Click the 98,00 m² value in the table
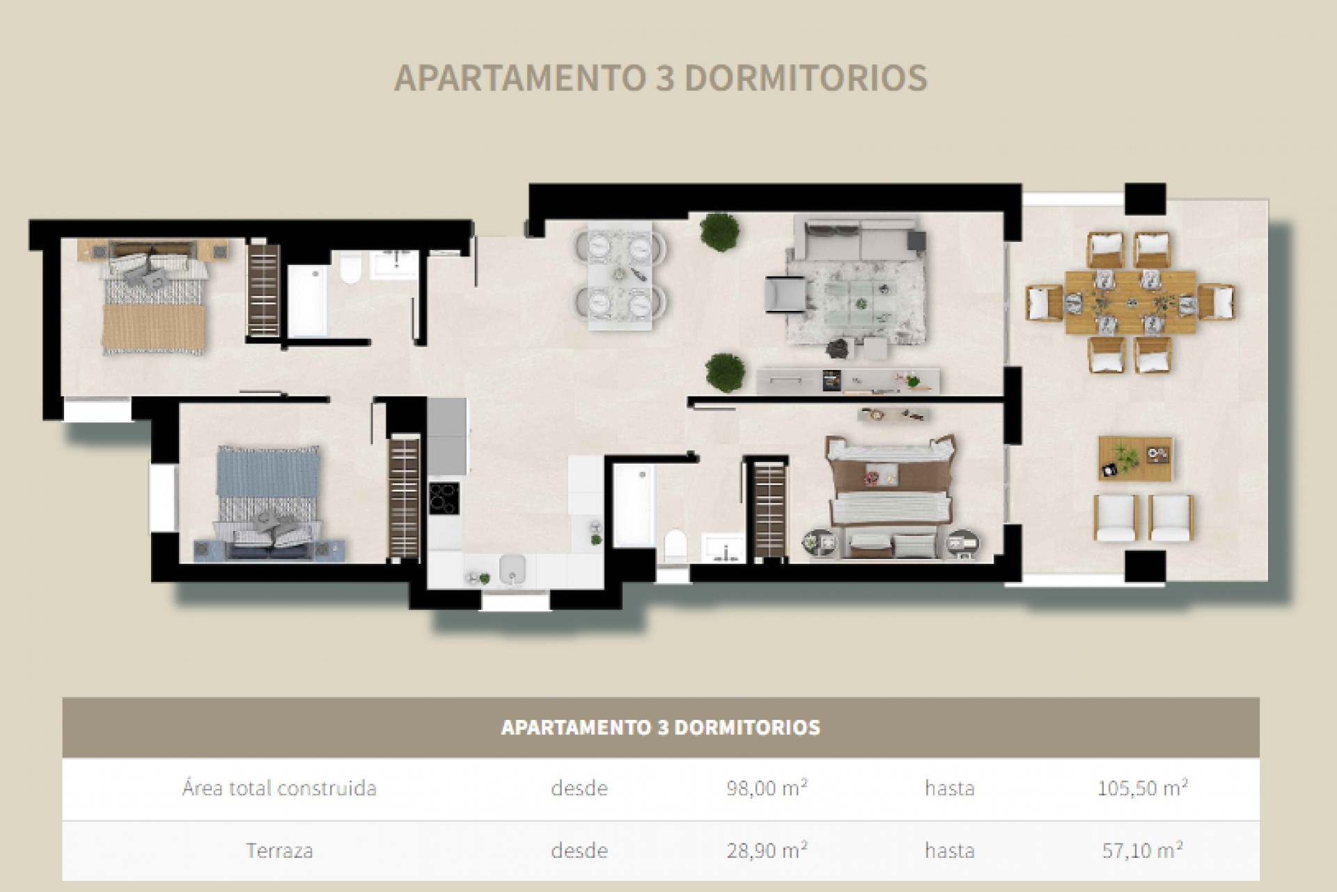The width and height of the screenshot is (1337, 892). [x=766, y=788]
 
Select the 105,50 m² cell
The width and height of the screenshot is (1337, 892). [x=1142, y=788]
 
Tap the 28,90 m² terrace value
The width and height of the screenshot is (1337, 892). [x=766, y=850]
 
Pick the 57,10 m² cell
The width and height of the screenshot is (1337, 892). [x=1142, y=850]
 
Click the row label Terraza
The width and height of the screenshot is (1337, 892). [x=279, y=850]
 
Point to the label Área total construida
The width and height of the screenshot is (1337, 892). [x=279, y=788]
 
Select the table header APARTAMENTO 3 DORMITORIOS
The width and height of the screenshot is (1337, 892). [x=660, y=727]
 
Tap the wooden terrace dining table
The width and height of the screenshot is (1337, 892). [x=1129, y=304]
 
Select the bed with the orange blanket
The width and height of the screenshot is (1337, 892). [x=155, y=303]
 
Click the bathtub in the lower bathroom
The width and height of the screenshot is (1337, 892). [x=634, y=505]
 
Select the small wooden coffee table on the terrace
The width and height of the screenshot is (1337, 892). [x=1135, y=459]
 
